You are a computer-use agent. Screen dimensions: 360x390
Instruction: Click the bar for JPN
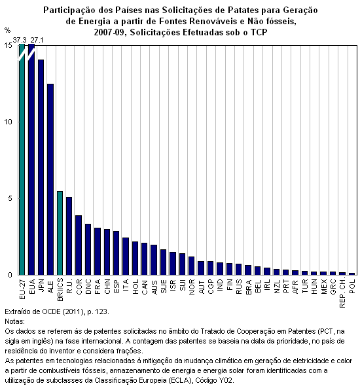(41, 167)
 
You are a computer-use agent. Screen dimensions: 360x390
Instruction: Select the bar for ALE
(50, 179)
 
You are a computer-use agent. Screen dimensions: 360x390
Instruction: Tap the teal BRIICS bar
(60, 233)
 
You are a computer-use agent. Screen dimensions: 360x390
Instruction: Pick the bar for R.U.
(69, 236)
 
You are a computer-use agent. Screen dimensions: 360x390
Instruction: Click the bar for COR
(79, 245)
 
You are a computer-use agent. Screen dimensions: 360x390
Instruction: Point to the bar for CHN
(107, 252)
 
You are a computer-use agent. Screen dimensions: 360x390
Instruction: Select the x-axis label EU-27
(22, 289)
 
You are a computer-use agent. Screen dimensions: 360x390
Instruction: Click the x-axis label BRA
(248, 287)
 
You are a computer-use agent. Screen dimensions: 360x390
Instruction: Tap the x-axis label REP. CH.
(342, 293)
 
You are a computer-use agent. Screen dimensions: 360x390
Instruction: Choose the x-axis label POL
(352, 286)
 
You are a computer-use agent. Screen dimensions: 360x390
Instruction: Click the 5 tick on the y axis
(10, 198)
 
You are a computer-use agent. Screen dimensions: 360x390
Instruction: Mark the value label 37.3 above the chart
(20, 40)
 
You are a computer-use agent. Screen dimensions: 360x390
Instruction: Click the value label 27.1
(37, 40)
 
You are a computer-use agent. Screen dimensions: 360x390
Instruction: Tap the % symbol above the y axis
(7, 30)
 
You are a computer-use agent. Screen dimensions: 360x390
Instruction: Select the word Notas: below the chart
(14, 321)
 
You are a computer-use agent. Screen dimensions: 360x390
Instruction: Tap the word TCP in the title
(259, 32)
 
